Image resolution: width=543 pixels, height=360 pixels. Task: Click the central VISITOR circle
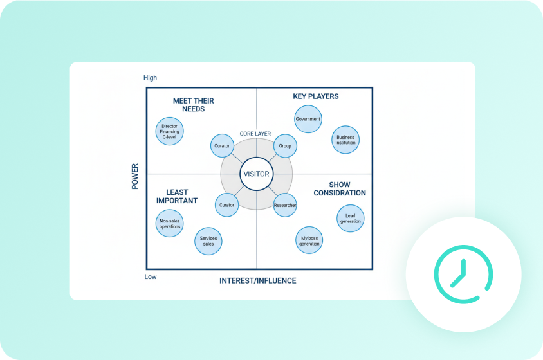256,174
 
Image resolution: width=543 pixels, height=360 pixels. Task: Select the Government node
308,120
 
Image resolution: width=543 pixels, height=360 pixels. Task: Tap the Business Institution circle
345,139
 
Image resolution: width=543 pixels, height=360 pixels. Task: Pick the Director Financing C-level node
170,131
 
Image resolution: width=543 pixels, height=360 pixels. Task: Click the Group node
285,146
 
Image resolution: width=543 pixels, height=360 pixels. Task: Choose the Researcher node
285,205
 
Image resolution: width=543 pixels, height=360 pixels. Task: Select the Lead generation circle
351,218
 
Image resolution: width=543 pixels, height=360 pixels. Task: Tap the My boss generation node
309,240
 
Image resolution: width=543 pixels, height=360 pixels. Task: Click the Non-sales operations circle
170,223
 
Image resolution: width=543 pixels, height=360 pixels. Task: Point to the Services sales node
208,240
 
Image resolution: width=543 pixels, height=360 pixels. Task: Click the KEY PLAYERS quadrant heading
315,96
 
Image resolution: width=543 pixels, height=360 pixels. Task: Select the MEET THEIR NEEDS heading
193,105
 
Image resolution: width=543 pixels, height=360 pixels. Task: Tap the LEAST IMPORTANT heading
177,196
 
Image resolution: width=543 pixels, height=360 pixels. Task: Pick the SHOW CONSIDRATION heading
340,188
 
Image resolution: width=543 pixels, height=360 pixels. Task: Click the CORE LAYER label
255,134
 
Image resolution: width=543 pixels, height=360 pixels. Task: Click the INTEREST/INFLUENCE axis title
257,281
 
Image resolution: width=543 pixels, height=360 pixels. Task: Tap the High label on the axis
150,78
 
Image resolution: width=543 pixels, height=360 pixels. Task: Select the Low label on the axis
149,276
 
